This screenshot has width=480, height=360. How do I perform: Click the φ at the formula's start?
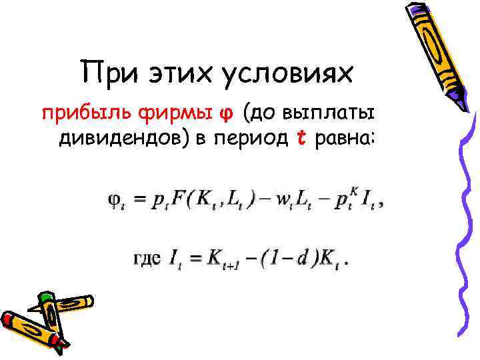tap(114, 201)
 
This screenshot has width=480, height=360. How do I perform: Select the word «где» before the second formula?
tap(147, 257)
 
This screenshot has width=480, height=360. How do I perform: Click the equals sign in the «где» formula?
tap(197, 257)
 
